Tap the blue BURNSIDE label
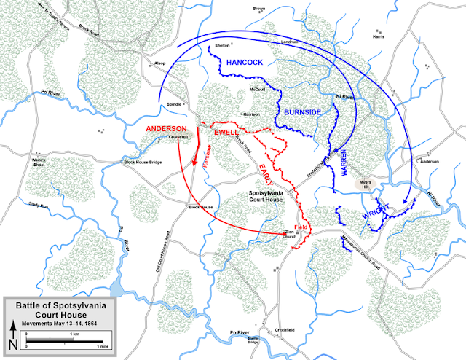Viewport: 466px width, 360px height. point(298,114)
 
